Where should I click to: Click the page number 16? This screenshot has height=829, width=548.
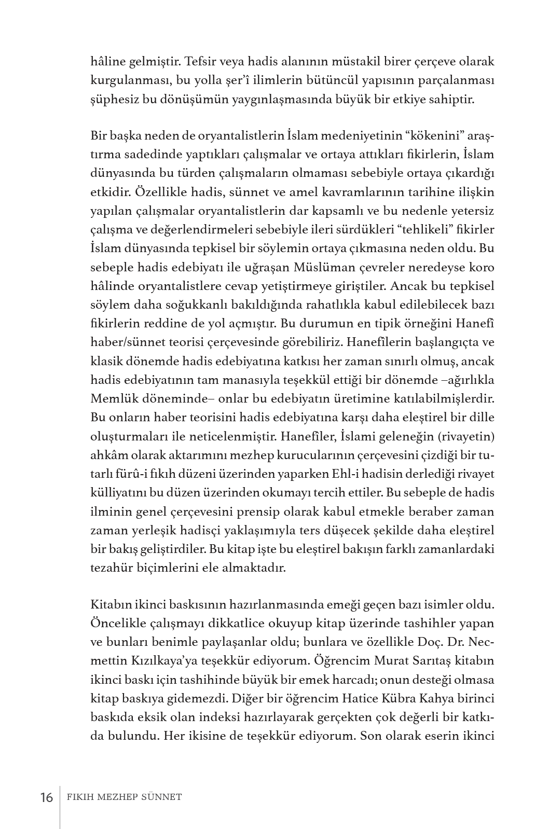pos(46,797)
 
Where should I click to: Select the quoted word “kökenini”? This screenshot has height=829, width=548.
pos(424,136)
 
